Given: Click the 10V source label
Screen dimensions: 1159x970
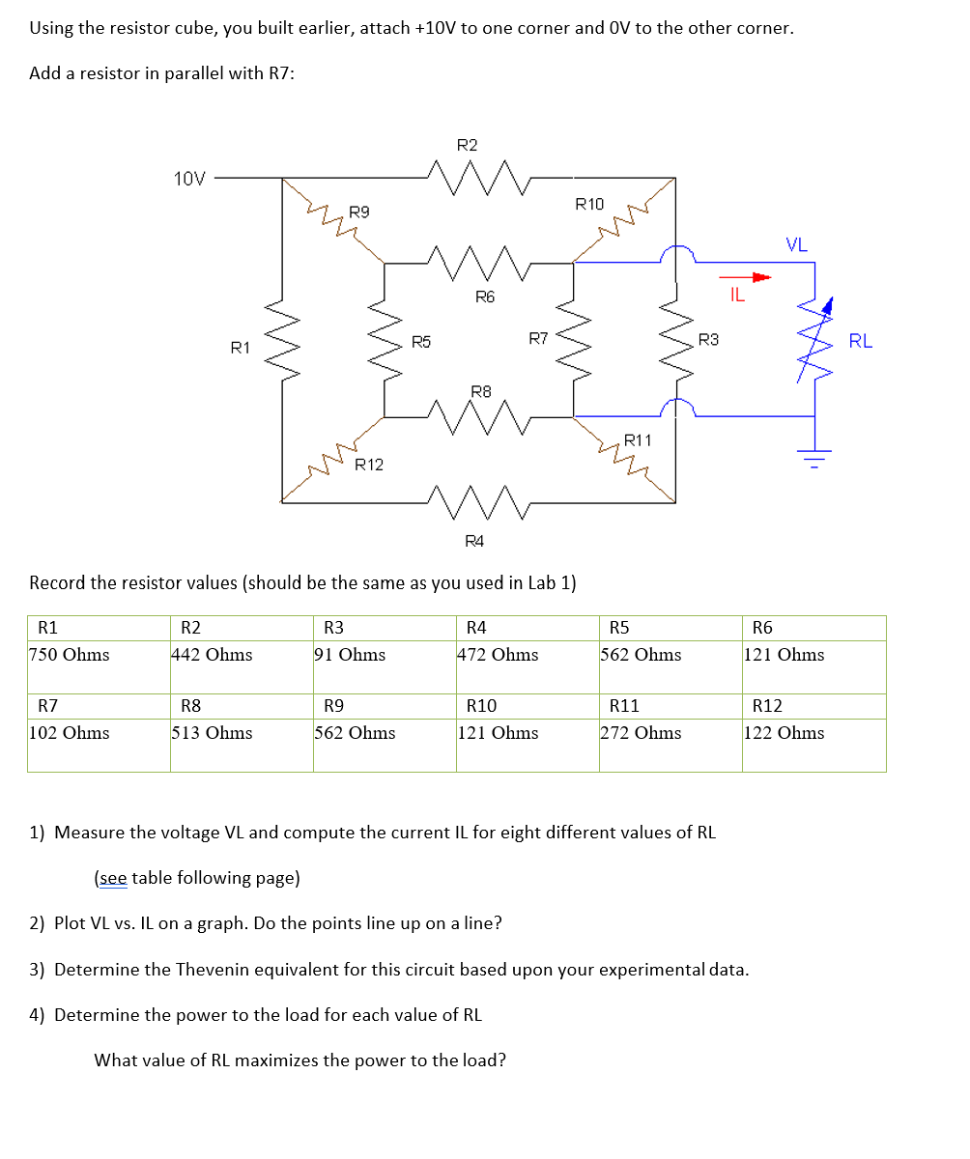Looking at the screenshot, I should point(189,178).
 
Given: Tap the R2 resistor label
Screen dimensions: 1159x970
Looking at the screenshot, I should point(467,146).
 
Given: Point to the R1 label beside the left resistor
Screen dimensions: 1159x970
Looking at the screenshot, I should point(241,348).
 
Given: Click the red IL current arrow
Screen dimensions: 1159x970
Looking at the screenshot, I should point(756,278).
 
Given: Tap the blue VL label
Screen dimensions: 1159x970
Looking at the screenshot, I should point(796,244).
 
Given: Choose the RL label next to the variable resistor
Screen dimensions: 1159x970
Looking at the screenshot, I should point(860,340).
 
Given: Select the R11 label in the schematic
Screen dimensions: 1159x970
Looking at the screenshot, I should point(638,440).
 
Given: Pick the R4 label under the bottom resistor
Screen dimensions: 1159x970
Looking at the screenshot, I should point(474,541).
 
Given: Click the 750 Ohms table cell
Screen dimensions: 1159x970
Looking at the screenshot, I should point(70,655).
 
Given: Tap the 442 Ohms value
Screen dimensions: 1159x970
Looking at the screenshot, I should point(212,655).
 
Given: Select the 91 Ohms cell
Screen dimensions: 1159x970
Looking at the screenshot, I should point(350,655).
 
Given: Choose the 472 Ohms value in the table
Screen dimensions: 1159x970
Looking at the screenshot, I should point(498,655).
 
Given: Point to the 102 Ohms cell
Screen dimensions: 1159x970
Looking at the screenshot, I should point(70,733).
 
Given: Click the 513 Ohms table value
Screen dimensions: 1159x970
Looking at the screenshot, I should point(212,733).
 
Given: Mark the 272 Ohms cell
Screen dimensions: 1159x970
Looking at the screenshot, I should point(641,733).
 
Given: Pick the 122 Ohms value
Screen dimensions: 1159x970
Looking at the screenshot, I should point(784,733).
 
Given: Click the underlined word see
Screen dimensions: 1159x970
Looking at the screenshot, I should point(110,878).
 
